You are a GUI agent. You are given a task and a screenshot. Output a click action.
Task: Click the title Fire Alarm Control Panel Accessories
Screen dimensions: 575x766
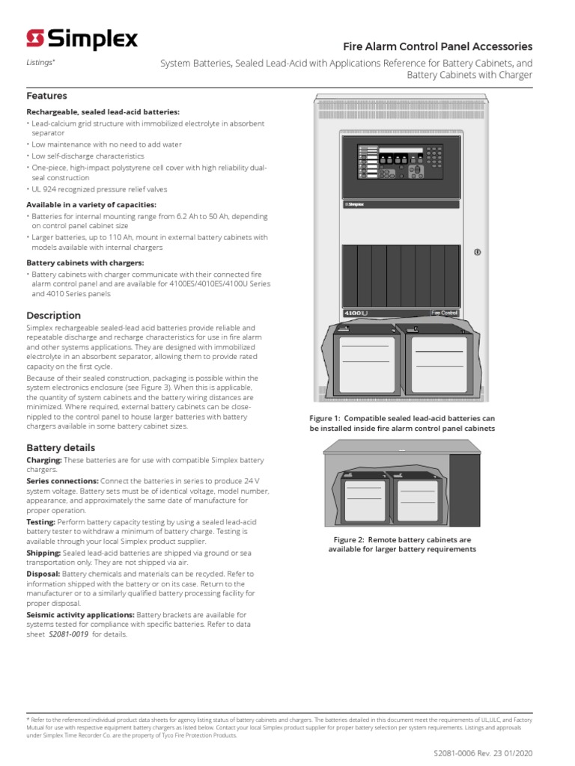[437, 46]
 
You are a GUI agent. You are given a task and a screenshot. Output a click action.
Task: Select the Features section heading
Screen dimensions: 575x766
[46, 96]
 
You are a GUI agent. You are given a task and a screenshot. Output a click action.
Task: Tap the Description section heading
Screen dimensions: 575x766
[53, 315]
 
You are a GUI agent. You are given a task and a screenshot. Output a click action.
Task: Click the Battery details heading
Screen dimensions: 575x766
[59, 447]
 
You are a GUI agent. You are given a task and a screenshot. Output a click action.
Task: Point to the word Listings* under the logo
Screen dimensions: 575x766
[40, 63]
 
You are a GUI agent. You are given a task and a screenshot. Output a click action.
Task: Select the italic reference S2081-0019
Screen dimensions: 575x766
[69, 634]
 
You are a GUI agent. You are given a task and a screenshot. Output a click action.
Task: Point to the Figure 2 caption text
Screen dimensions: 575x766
[402, 544]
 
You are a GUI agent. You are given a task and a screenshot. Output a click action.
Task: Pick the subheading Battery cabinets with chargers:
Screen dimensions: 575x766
[85, 263]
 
